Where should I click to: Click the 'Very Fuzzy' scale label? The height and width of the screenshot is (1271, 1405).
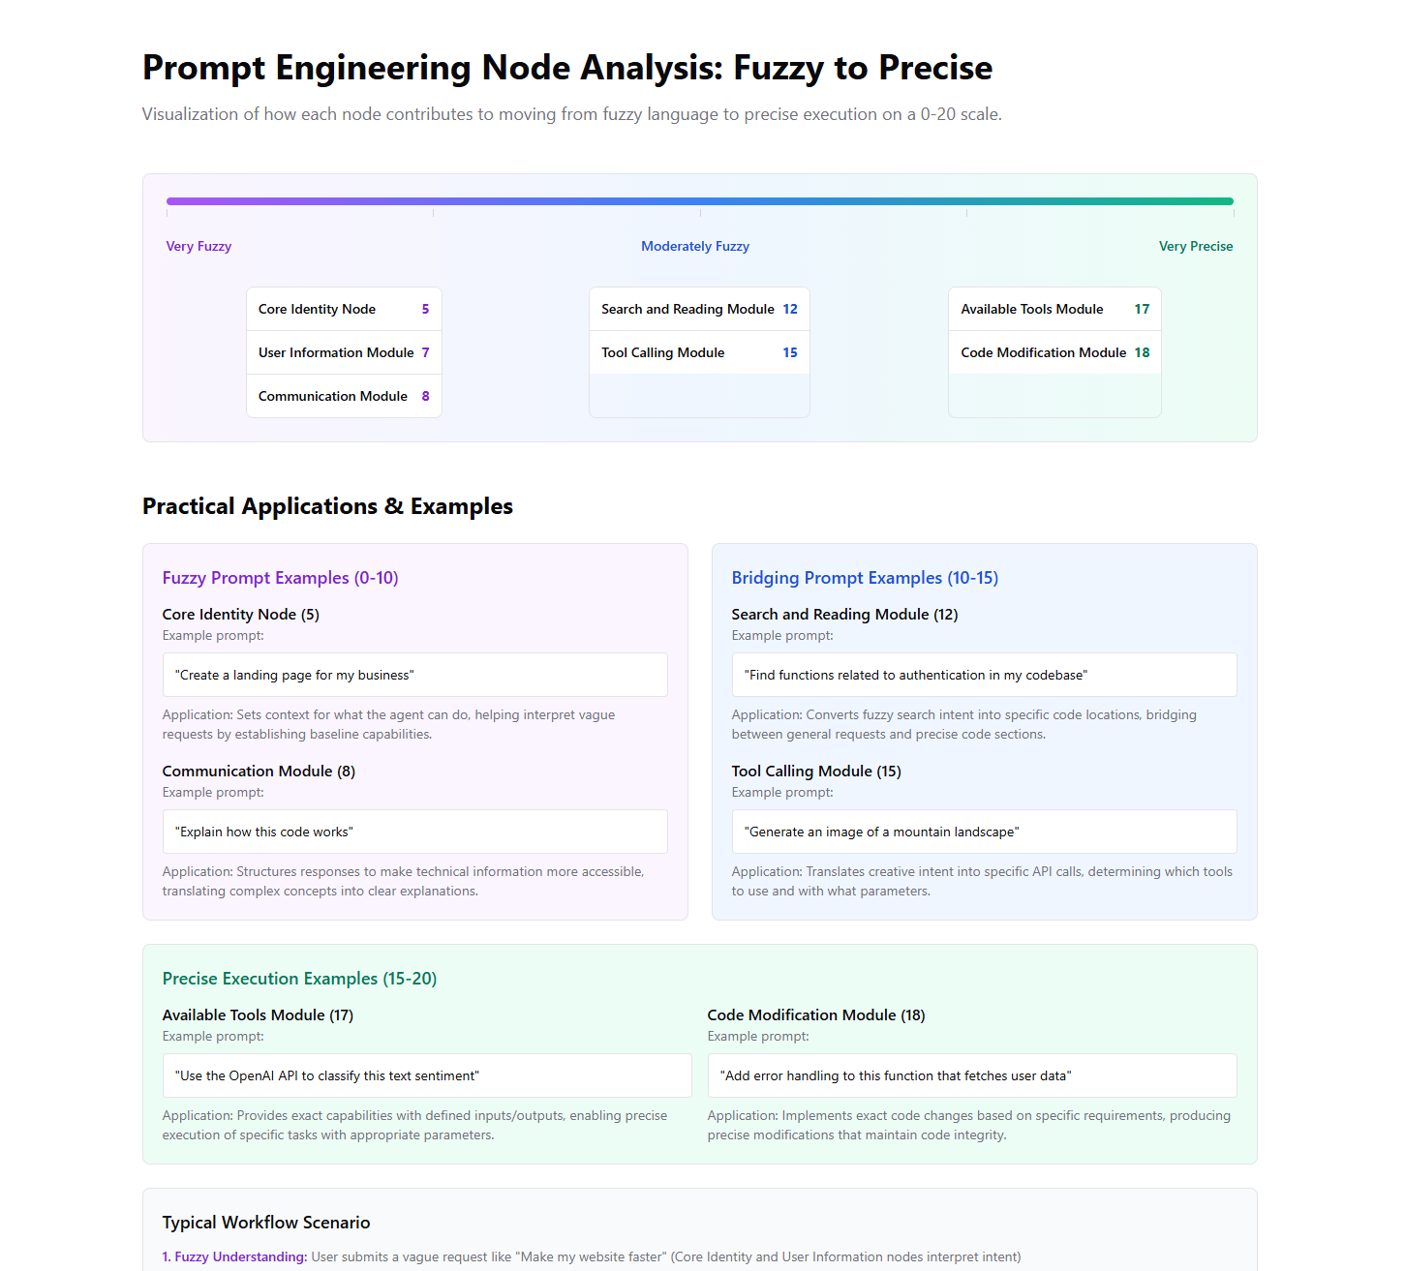coord(199,246)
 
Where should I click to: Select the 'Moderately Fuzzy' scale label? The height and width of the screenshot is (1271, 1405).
coord(694,246)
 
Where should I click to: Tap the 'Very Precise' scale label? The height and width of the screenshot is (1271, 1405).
coord(1195,246)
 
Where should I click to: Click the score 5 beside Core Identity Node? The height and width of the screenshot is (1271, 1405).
coord(425,309)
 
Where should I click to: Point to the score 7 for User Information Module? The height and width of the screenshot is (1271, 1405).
coord(425,352)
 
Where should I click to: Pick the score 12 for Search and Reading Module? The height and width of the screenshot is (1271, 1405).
coord(790,309)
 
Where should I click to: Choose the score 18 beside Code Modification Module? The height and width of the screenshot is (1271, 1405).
coord(1142,352)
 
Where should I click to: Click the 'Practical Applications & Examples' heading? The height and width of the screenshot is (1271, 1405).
coord(327,506)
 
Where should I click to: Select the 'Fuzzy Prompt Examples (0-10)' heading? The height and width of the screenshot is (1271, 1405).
coord(280,578)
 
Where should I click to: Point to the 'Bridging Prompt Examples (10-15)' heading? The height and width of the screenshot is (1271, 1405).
coord(865,578)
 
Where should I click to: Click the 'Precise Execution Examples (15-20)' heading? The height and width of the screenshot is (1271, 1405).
coord(299,979)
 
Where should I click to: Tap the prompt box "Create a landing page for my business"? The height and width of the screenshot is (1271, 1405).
coord(414,675)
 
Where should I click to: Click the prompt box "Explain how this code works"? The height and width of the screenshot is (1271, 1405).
coord(414,832)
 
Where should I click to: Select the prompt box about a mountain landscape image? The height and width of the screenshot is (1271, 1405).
coord(984,832)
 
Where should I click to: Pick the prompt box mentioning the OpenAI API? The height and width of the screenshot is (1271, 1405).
coord(426,1075)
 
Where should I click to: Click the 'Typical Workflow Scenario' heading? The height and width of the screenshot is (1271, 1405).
coord(266,1223)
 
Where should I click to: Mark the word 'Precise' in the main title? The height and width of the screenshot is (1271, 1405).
coord(935,68)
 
